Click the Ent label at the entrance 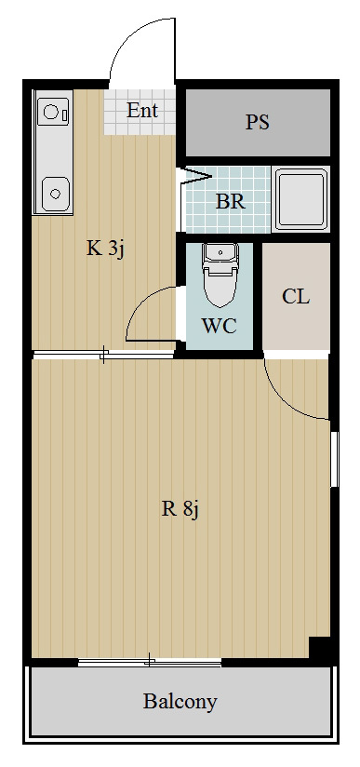point(142,111)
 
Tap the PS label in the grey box point(258,122)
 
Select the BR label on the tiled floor point(231,201)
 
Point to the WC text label point(220,326)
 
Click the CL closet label point(296,296)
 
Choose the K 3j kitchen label point(106,249)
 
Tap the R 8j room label point(180,510)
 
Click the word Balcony point(180,702)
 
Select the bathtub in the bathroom point(300,198)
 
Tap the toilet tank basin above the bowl point(220,253)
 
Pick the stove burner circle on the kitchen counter point(50,112)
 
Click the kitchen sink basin point(55,194)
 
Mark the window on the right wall point(335,459)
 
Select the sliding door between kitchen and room point(103,354)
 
